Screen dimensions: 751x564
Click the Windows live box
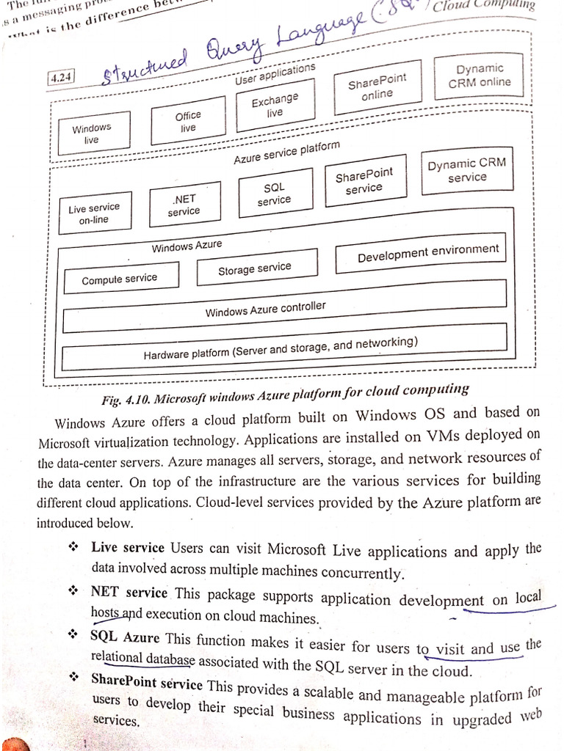coord(92,133)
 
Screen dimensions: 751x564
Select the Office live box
coord(188,122)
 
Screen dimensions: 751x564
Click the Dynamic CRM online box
coord(480,76)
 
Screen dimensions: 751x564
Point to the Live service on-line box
coord(94,213)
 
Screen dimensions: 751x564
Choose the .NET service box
coord(184,205)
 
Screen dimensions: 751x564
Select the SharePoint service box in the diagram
coord(364,181)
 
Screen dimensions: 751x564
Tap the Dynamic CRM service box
coord(467,170)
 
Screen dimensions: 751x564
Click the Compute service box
coord(120,279)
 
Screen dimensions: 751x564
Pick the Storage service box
coord(256,268)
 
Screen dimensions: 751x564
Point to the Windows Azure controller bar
coord(285,309)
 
